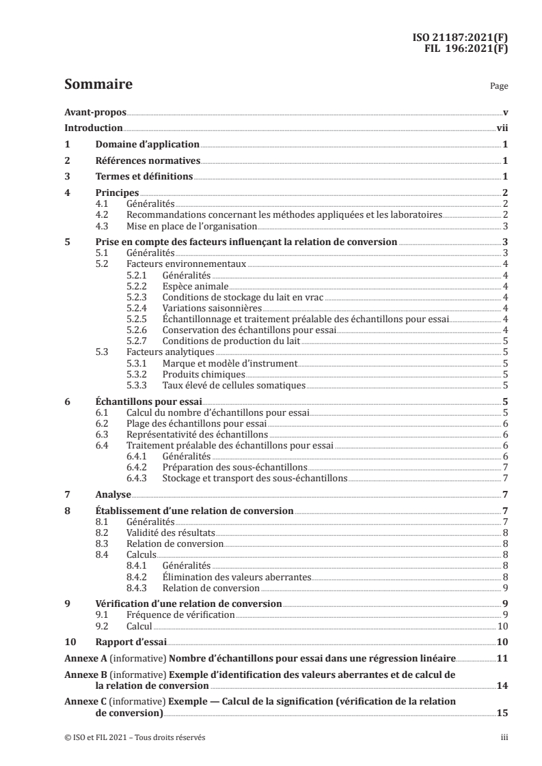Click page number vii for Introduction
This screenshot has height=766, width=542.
click(501, 128)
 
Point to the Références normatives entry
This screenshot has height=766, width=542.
click(148, 161)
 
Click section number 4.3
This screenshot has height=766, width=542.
click(103, 226)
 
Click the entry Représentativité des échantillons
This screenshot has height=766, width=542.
click(198, 434)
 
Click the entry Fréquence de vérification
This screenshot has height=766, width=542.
click(180, 614)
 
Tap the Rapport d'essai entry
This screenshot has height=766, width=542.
click(131, 642)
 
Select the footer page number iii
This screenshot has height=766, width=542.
click(503, 737)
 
